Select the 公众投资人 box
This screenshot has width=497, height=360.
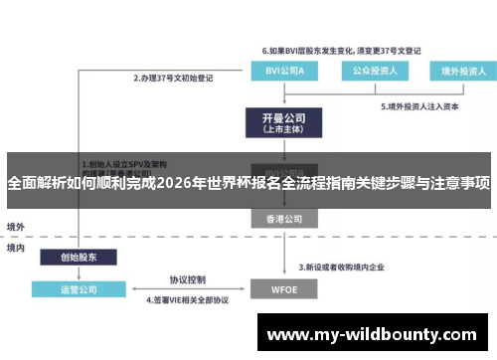369,70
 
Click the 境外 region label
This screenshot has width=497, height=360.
17,226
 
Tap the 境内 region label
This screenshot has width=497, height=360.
17,248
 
